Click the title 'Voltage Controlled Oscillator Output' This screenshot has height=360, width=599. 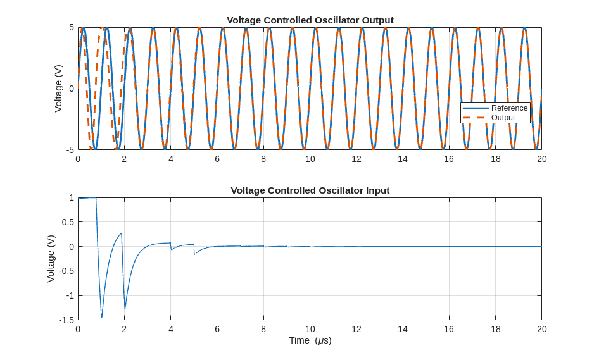click(x=310, y=20)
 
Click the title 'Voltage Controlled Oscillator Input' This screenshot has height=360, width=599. click(x=310, y=190)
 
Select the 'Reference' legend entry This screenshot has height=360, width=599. click(x=509, y=108)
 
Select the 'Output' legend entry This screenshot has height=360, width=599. click(x=503, y=118)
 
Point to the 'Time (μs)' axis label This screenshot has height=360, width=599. click(x=310, y=340)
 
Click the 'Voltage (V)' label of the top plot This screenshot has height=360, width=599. click(x=58, y=89)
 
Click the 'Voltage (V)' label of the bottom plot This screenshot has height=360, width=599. click(x=51, y=259)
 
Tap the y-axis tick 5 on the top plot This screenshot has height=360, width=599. click(x=72, y=28)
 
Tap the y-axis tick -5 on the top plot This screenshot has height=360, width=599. click(x=70, y=150)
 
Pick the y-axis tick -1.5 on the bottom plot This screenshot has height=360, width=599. click(x=66, y=320)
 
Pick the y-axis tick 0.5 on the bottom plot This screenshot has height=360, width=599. click(x=67, y=222)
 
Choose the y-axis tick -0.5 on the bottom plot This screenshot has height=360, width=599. click(x=66, y=271)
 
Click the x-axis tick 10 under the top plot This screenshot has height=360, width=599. click(x=310, y=159)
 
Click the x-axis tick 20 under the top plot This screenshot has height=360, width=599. click(x=541, y=159)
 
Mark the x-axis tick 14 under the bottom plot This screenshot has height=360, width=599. click(x=403, y=329)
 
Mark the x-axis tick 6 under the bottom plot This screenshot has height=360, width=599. click(x=217, y=329)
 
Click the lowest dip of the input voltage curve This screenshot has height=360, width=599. click(x=101, y=317)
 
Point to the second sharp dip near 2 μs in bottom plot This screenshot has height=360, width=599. click(x=125, y=308)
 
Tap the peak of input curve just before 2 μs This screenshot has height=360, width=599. click(x=121, y=233)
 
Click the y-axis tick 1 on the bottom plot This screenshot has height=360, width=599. click(x=72, y=198)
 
